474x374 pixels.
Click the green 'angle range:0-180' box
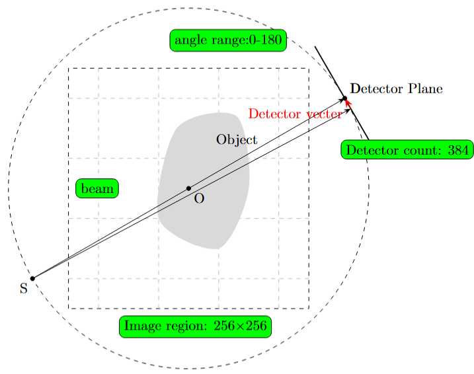(x=228, y=40)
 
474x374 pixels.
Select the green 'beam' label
(x=97, y=188)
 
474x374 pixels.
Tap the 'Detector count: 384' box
(x=407, y=150)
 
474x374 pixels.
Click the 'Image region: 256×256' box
(x=196, y=326)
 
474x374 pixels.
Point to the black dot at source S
(x=32, y=278)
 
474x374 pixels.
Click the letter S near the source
(x=24, y=288)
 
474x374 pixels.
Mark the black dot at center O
(x=188, y=188)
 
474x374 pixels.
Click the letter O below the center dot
(x=199, y=198)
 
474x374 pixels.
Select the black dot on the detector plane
(x=344, y=98)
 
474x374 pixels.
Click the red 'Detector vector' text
(x=295, y=114)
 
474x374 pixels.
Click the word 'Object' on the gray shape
(x=237, y=140)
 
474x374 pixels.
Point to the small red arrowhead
(x=347, y=104)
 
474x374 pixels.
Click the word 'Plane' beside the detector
(x=426, y=89)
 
